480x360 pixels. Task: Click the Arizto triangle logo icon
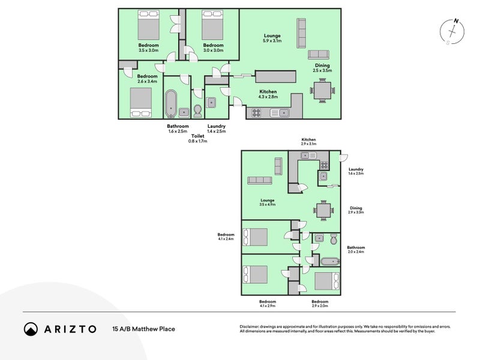point(31,329)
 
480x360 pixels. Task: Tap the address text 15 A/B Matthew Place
point(143,329)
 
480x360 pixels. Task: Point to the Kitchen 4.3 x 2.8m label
point(268,94)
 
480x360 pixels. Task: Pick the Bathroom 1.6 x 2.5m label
point(178,128)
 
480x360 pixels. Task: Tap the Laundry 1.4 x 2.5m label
point(216,128)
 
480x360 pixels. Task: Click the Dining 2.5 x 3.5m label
point(322,68)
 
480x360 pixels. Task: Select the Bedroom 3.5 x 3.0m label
point(148,48)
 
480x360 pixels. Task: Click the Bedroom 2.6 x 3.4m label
point(147,79)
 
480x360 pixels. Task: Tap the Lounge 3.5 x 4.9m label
point(267,203)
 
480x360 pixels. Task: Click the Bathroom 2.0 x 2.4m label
point(356,250)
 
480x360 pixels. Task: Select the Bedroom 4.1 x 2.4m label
point(226,236)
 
